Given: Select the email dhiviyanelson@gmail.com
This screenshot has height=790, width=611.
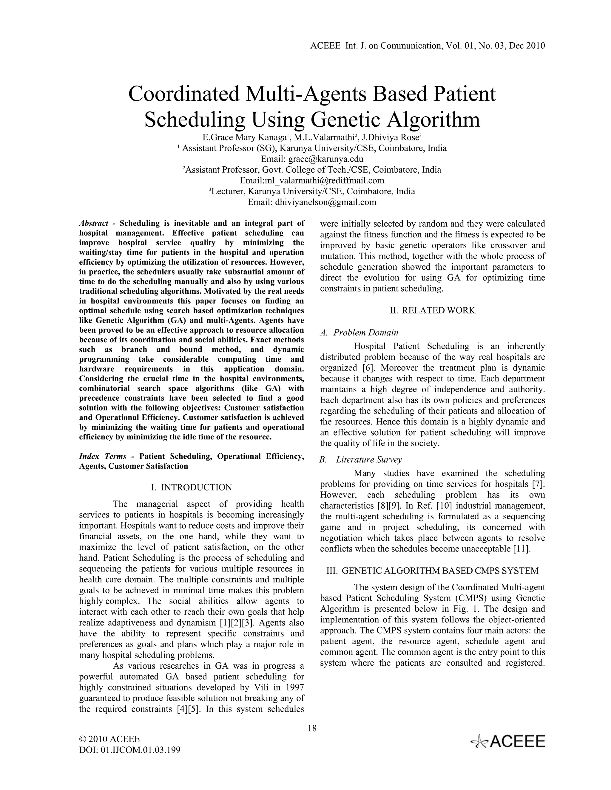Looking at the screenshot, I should coord(325,202).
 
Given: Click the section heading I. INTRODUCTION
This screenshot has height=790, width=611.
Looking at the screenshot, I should coord(192,487).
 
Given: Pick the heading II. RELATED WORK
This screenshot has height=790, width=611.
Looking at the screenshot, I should coord(433,310).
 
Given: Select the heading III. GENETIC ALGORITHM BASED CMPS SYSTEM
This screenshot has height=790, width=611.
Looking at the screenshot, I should coord(433,570).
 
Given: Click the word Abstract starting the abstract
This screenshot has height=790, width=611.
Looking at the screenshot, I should coord(94,223).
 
